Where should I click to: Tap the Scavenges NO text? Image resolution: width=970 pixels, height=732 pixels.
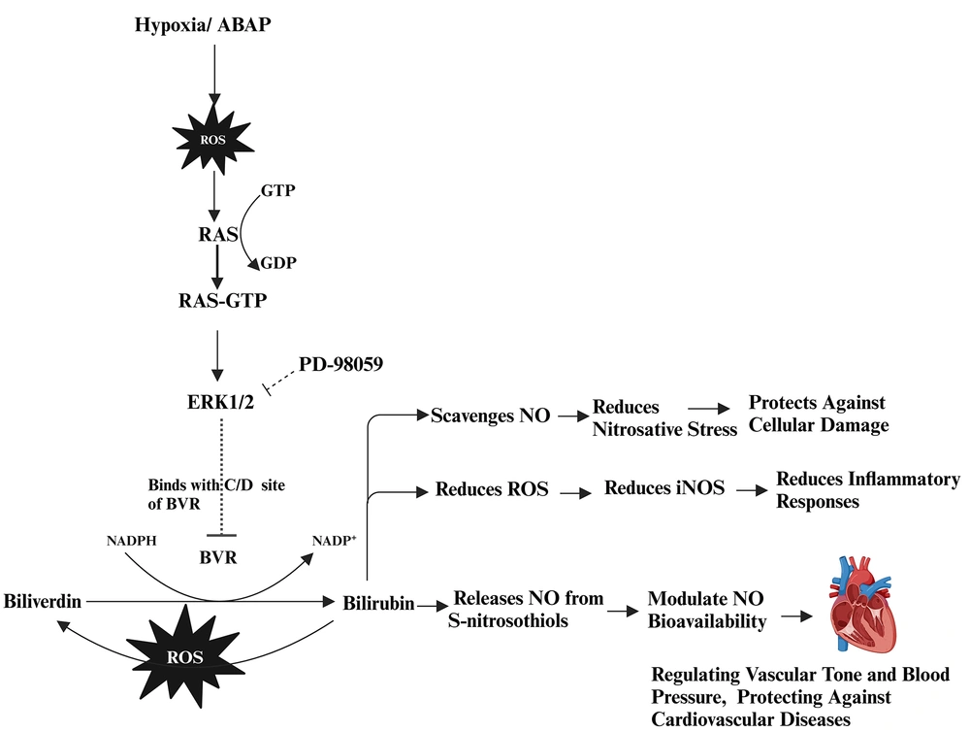click(x=490, y=415)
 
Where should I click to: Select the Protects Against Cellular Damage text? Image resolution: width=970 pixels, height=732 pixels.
click(x=817, y=414)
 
